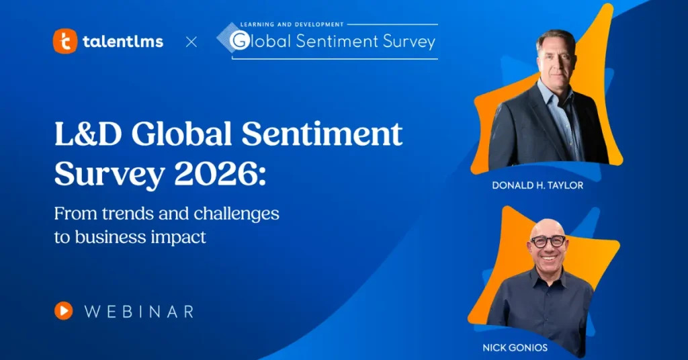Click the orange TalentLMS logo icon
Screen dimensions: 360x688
tap(64, 42)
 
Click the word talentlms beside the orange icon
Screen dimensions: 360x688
tap(123, 42)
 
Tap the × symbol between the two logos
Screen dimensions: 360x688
tap(191, 42)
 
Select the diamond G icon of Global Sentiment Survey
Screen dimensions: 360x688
tap(237, 41)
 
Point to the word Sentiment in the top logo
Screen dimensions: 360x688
tap(339, 41)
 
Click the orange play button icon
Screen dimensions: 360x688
tap(64, 310)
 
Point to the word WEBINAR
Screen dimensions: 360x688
tap(140, 311)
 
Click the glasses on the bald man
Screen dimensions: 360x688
tap(548, 240)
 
